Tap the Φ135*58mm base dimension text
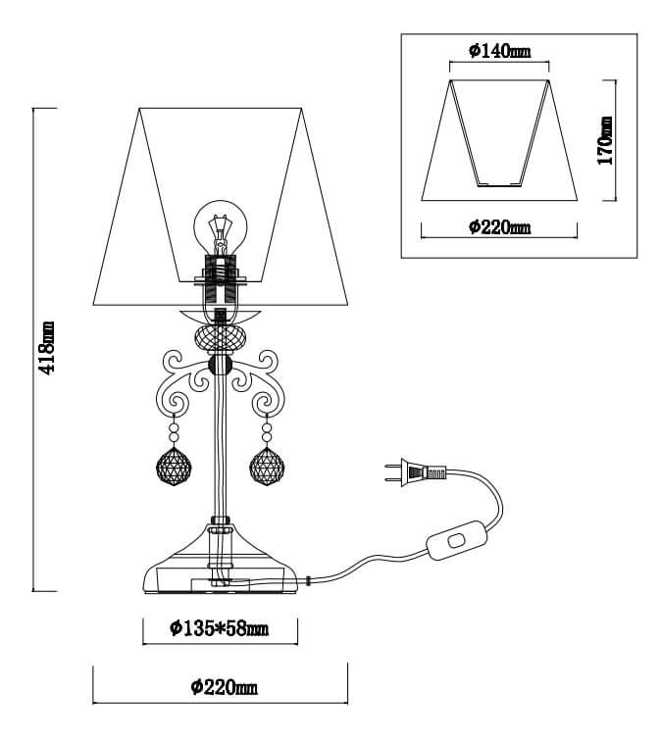tap(219, 627)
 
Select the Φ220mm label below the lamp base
tap(225, 687)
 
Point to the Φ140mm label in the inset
tap(498, 52)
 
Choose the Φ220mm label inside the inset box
tap(498, 227)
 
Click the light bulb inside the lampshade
tap(221, 224)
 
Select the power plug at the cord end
tap(412, 474)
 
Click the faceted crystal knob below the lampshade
tap(221, 339)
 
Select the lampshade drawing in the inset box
tap(498, 137)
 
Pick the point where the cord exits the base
tap(308, 580)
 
